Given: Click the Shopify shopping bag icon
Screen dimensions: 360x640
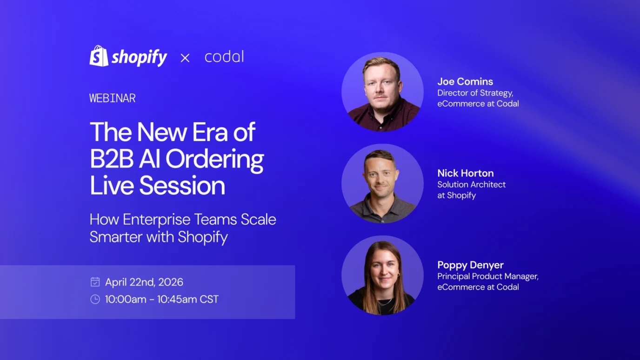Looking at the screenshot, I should (99, 56).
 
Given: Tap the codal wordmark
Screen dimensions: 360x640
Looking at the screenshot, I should (224, 57).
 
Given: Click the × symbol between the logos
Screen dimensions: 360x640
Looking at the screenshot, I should (185, 58).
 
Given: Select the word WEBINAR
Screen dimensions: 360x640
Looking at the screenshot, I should (113, 98).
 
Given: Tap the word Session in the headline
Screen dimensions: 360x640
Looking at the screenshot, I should (182, 186).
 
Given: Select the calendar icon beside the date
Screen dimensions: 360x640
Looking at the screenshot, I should (95, 282).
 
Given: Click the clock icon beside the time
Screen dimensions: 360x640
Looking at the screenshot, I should (95, 299).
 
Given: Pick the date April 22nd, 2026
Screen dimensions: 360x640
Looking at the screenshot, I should (144, 282).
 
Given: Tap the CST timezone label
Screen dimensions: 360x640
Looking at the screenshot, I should (209, 299).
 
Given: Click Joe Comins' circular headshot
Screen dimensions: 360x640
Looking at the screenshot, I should (382, 92).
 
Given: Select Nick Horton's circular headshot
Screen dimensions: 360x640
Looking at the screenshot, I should (382, 183).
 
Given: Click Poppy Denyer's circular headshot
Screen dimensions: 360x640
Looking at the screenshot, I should (382, 275).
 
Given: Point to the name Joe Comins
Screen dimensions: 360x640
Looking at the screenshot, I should (465, 81).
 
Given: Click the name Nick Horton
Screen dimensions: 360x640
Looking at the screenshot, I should (466, 173).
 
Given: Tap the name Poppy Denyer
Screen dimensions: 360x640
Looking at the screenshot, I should (470, 265).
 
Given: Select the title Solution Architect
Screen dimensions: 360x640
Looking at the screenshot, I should (471, 184).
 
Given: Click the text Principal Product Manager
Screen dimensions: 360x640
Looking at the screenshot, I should (487, 276).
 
